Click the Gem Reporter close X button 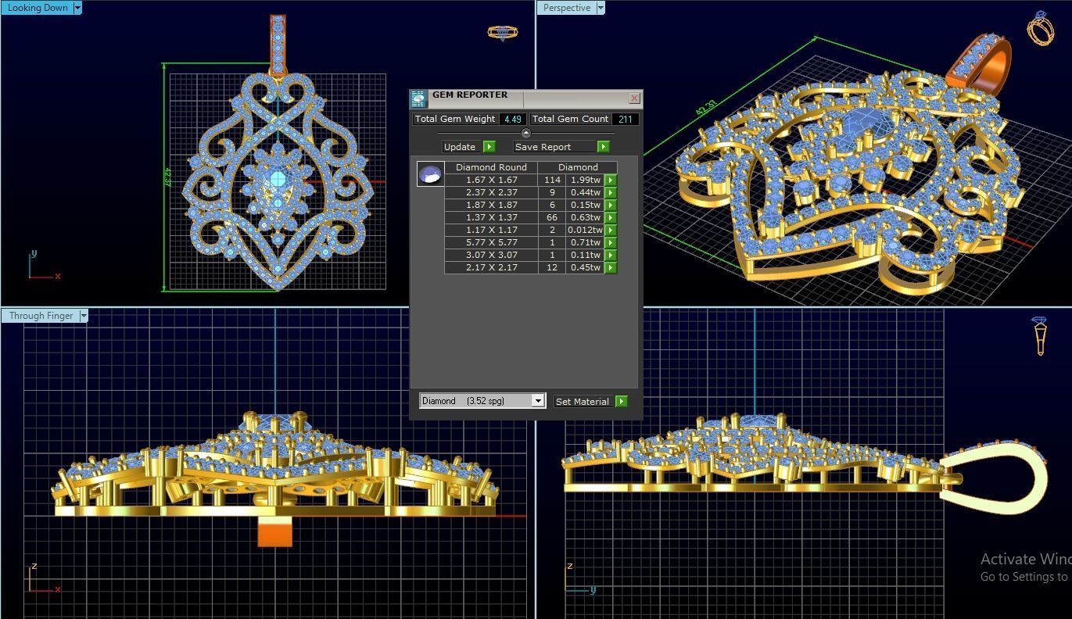pos(634,98)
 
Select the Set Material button pos(583,402)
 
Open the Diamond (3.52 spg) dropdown pos(537,401)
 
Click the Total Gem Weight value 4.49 pos(512,120)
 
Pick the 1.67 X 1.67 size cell pos(491,180)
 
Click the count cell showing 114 pos(552,180)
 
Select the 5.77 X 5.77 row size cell pos(491,242)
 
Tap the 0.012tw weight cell pos(585,230)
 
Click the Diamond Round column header pos(491,167)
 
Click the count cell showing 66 pos(552,217)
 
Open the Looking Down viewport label pos(38,8)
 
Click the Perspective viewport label pos(567,8)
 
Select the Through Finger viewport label pos(41,316)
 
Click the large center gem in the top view pos(277,181)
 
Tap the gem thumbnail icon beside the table pos(430,174)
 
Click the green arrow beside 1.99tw pos(611,180)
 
